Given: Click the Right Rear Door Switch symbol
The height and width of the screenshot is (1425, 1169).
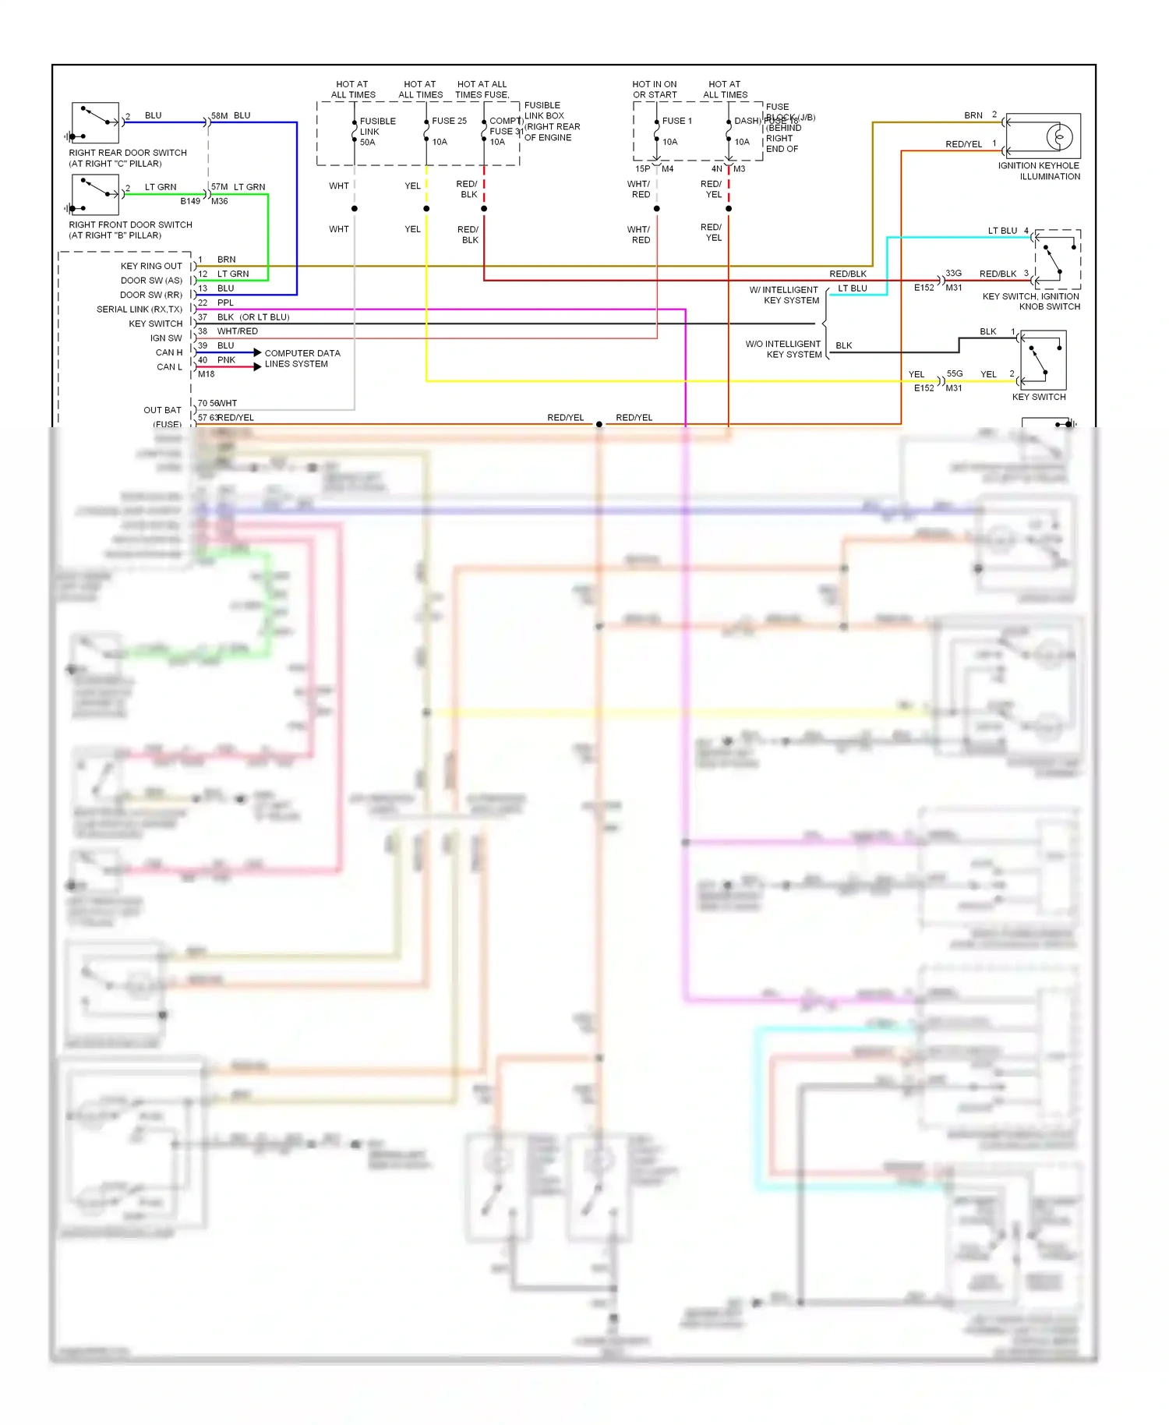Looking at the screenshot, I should (95, 122).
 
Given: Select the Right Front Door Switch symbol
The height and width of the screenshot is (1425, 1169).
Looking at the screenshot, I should (95, 194).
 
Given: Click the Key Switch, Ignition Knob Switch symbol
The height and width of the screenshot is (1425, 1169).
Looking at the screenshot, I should (1057, 260).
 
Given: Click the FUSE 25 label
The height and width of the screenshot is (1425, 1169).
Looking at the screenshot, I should (449, 121).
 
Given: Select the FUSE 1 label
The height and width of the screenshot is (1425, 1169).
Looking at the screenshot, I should (676, 121).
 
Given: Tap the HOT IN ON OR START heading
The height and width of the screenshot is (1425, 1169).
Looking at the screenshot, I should (655, 90).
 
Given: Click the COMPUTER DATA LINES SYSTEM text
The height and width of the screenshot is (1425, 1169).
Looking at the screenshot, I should (302, 359).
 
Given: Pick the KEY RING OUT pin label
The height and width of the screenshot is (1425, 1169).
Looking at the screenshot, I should (151, 266).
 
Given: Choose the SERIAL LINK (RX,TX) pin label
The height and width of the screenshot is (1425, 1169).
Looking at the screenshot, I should (140, 309).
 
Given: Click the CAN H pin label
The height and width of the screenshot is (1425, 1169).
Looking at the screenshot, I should (169, 352).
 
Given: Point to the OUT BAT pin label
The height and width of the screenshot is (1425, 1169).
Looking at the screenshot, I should (162, 410).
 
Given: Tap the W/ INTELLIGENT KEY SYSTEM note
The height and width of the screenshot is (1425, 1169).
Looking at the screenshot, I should (784, 295).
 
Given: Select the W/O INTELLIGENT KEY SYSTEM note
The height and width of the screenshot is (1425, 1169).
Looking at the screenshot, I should (783, 349).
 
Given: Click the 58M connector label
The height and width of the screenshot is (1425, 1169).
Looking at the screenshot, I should (219, 115).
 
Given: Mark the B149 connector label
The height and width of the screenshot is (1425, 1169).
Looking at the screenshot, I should (190, 201).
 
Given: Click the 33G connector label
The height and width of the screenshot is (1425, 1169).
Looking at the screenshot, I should (953, 274).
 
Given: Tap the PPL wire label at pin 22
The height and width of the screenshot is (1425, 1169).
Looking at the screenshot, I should (225, 302).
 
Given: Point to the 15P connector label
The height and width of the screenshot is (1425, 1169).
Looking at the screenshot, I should (642, 168).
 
